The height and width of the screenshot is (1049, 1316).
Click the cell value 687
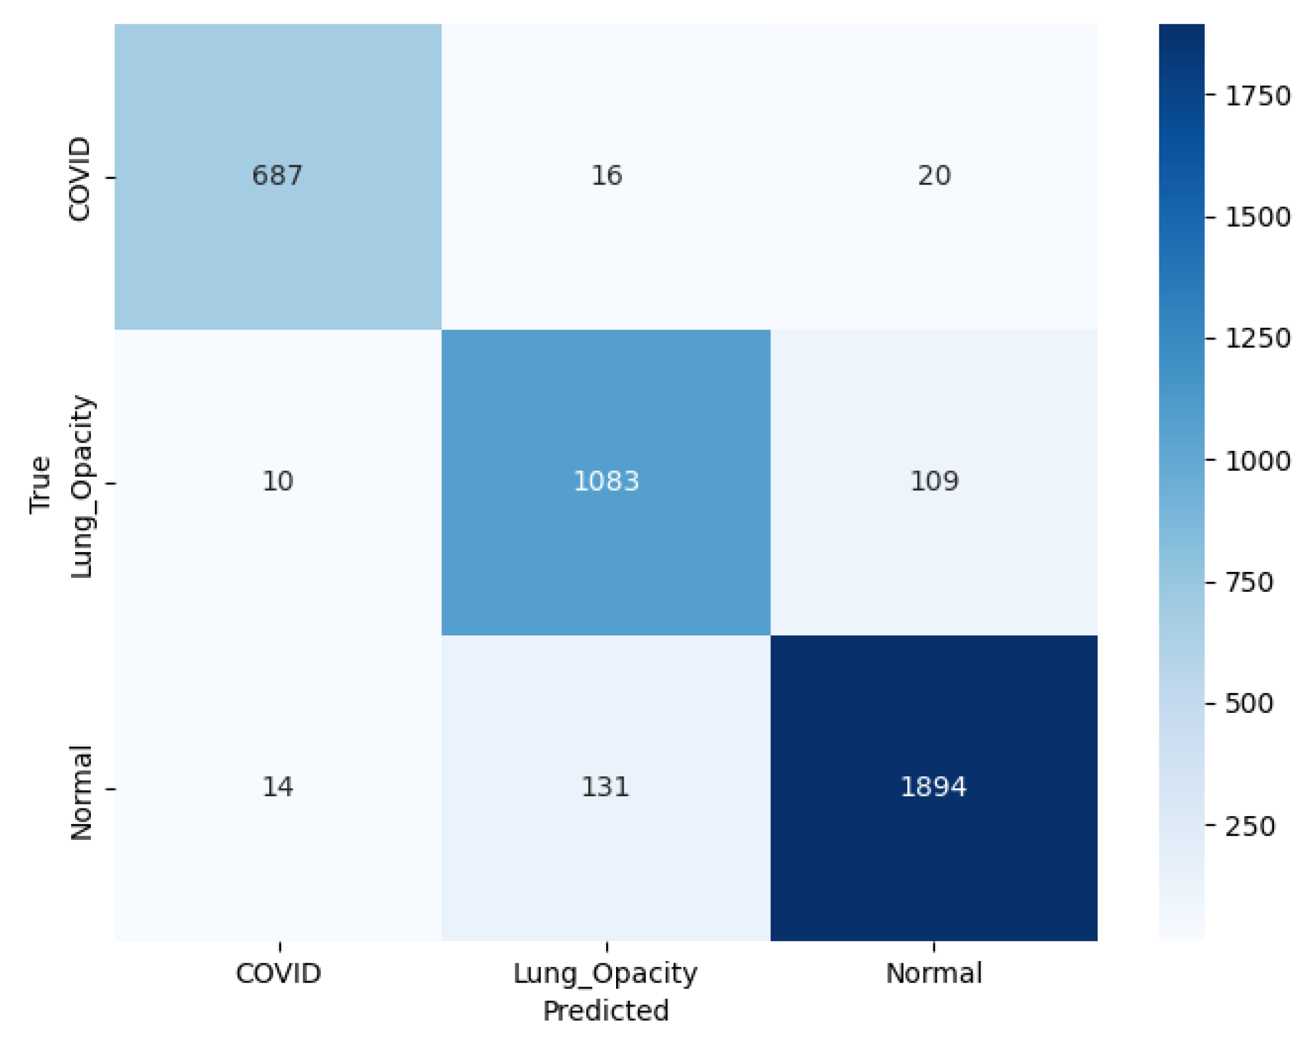coord(277,176)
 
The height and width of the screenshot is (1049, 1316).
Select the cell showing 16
coord(606,176)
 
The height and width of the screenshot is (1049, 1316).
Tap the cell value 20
coord(934,176)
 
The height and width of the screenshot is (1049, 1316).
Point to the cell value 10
coord(277,482)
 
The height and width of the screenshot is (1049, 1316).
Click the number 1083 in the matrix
coord(606,482)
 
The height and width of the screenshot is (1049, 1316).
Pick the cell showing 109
coord(934,482)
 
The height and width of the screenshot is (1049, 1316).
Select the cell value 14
coord(277,787)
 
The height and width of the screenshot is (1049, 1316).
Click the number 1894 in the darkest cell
coord(933,787)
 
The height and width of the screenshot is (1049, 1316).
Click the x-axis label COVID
coord(278,973)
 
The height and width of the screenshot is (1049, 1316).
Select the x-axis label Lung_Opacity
coord(605,974)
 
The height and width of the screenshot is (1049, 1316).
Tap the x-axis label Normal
coord(933,973)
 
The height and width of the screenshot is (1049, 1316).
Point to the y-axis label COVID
coord(79,178)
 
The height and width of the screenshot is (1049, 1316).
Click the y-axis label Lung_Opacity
coord(80,487)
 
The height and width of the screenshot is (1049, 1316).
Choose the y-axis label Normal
coord(80,793)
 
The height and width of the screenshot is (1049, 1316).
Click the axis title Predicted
coord(606,1011)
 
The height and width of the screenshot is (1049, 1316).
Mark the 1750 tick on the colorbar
coord(1257,97)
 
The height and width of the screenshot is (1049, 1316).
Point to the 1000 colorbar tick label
coord(1257,461)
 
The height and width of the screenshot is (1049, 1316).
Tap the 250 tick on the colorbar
coord(1250,826)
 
